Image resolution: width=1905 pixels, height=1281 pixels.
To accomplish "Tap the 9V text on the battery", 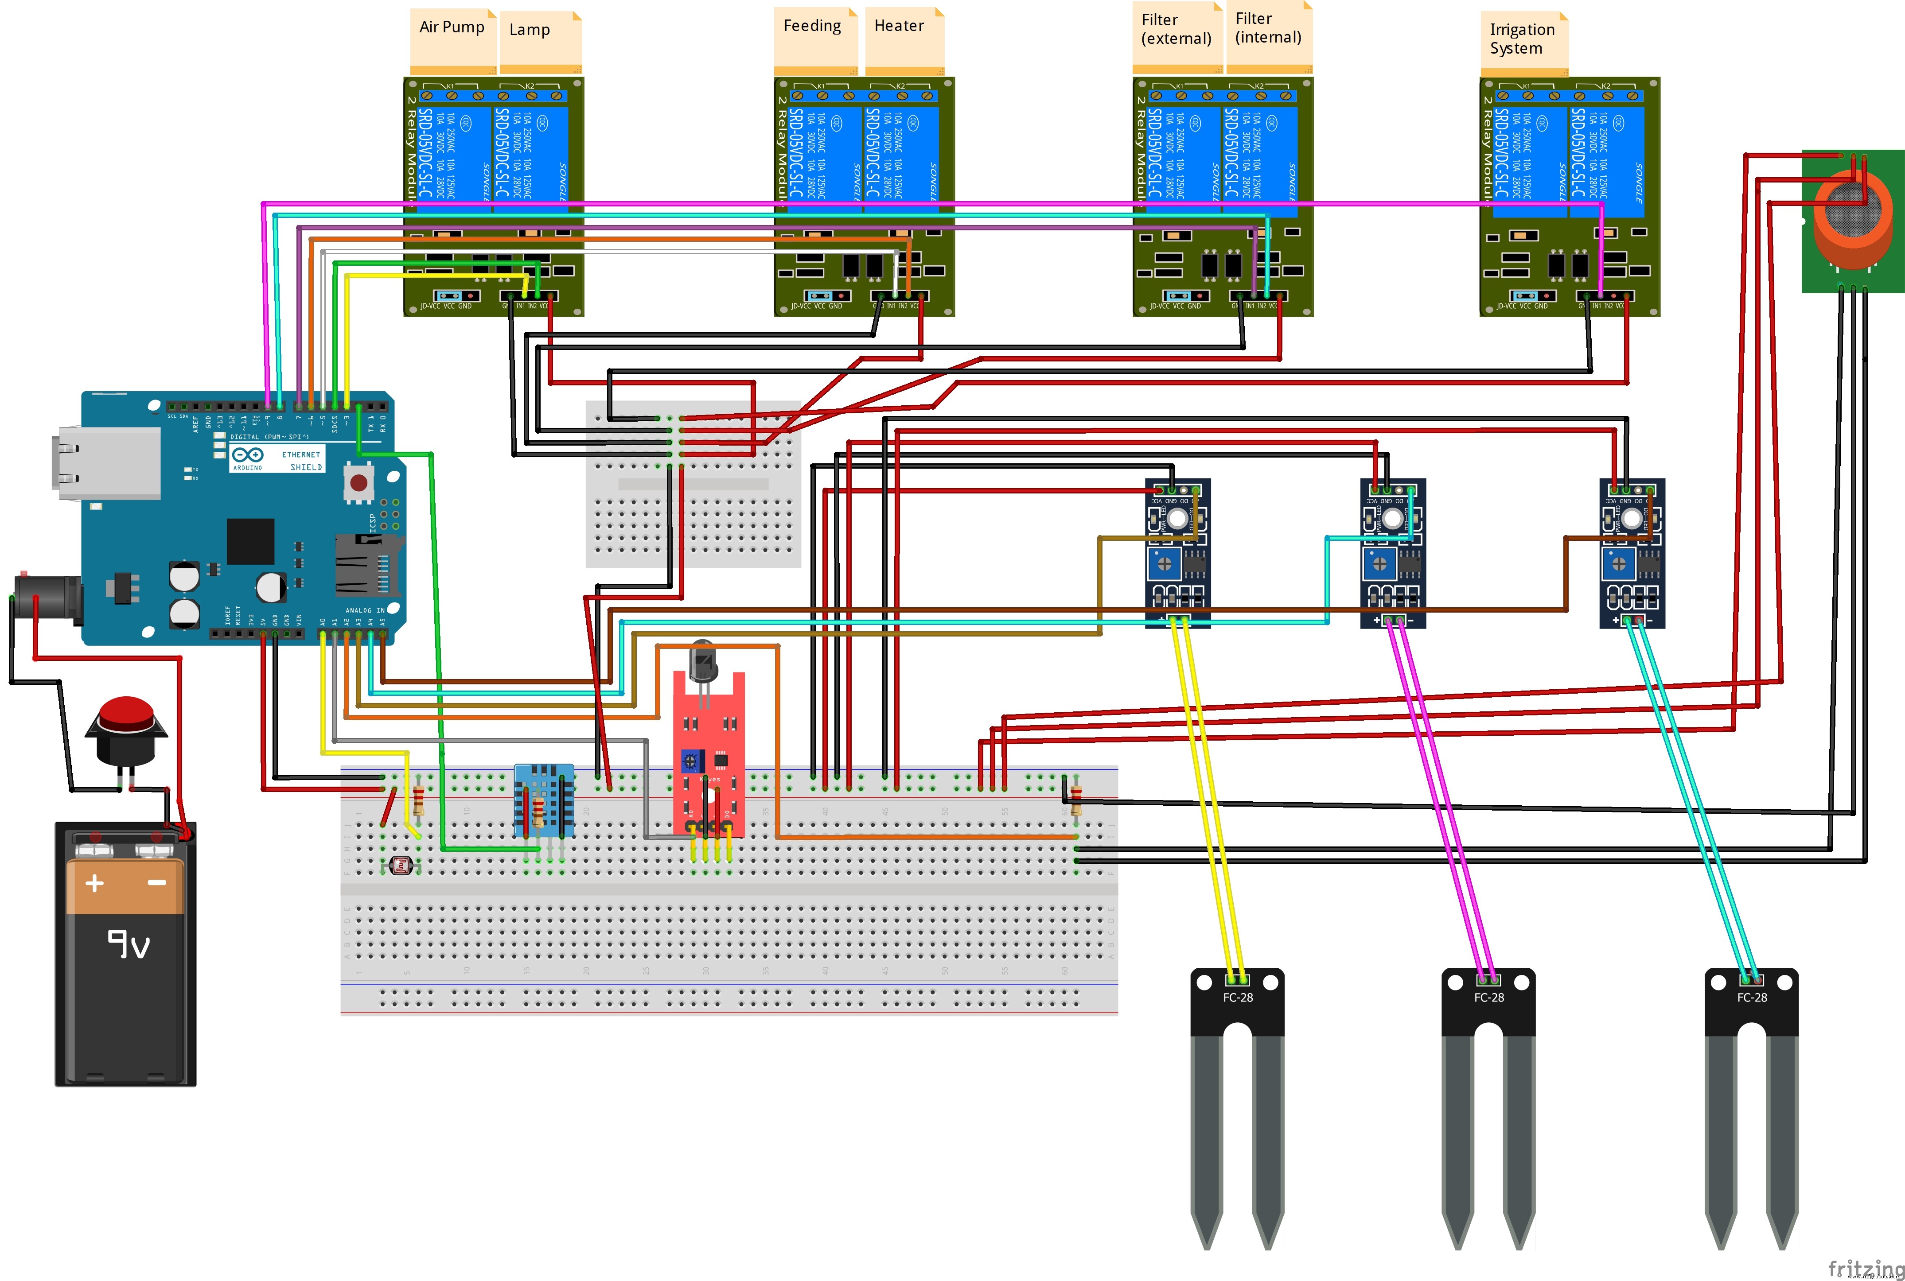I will click(x=129, y=943).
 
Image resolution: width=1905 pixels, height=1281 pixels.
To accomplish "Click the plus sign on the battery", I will click(x=95, y=883).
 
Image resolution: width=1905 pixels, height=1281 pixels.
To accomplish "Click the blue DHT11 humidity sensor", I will click(x=543, y=801).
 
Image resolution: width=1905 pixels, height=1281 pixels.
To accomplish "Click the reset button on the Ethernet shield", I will click(x=358, y=482).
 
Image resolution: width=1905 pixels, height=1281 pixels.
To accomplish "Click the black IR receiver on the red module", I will click(x=703, y=662).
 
